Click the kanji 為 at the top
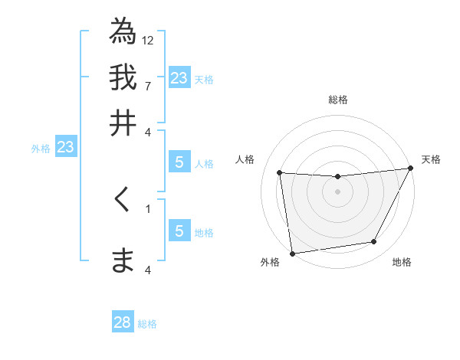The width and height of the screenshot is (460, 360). click(x=123, y=31)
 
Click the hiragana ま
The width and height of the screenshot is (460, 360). click(x=123, y=260)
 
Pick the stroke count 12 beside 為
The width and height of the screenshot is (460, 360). click(x=148, y=40)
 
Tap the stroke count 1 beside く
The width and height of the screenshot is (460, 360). click(x=148, y=207)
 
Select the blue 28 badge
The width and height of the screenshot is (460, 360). click(x=123, y=322)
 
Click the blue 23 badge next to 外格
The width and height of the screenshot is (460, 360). click(x=65, y=147)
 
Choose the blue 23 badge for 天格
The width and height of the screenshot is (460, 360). click(x=179, y=78)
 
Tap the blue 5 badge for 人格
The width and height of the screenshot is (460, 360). click(x=179, y=162)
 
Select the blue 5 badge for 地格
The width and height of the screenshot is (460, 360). click(x=179, y=231)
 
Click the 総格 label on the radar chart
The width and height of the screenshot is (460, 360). click(x=337, y=100)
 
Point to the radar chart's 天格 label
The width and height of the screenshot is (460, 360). click(x=431, y=159)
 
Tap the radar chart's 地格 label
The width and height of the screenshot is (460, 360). click(x=402, y=263)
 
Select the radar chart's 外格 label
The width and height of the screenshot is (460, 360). click(x=270, y=263)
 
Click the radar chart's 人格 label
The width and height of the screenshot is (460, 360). click(x=245, y=159)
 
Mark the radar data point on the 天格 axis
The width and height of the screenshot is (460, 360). click(x=412, y=169)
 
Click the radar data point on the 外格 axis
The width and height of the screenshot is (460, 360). click(x=292, y=253)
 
